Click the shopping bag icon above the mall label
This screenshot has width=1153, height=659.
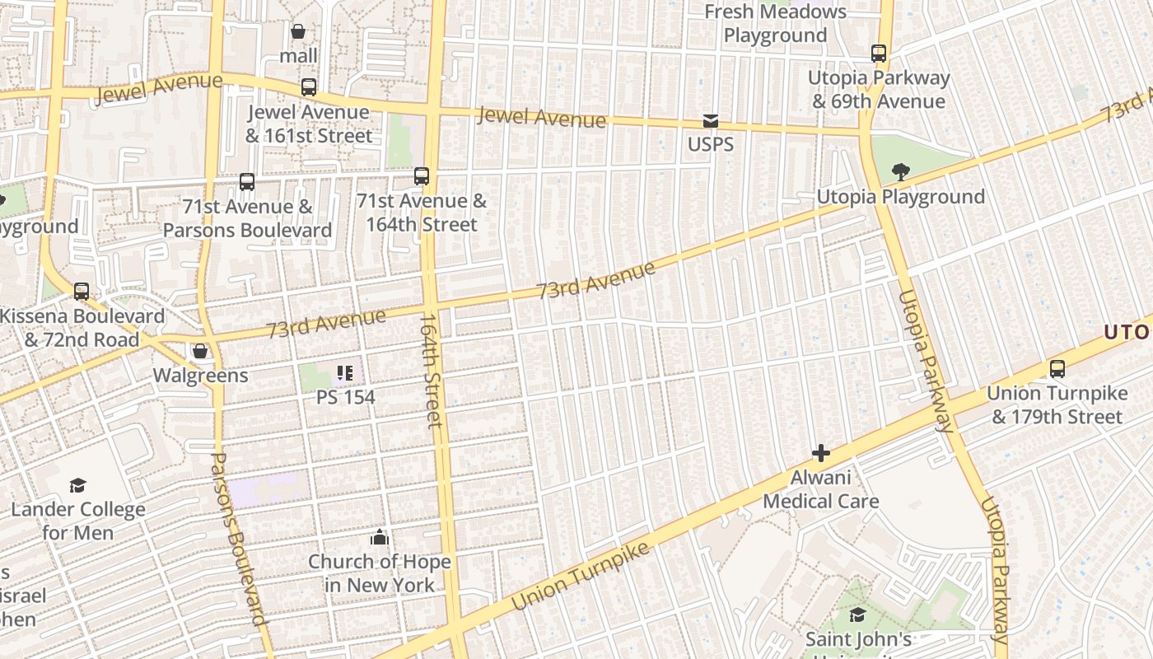[x=298, y=31]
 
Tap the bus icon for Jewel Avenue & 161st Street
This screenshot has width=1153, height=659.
[x=309, y=86]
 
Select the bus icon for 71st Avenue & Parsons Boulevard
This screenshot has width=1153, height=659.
[x=247, y=182]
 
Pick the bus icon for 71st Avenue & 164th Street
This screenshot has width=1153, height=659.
[x=422, y=175]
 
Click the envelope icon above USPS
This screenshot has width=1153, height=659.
[x=710, y=121]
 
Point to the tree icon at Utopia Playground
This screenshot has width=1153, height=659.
[x=900, y=172]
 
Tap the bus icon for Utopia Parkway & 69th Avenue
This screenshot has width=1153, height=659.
[x=879, y=54]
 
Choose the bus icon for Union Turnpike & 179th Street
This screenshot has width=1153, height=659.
[x=1057, y=369]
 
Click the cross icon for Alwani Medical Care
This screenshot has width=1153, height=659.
[x=820, y=453]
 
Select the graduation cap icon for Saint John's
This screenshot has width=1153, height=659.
[x=857, y=615]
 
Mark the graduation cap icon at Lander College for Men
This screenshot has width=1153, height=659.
[x=77, y=485]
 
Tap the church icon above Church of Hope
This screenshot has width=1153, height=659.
[x=380, y=538]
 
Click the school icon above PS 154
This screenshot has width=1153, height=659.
[x=345, y=373]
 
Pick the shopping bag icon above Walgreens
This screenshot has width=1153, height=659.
[x=200, y=352]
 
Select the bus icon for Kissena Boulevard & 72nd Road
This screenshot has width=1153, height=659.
[x=82, y=292]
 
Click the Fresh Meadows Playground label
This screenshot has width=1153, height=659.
[x=775, y=24]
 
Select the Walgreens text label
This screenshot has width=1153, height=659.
[x=200, y=376]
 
